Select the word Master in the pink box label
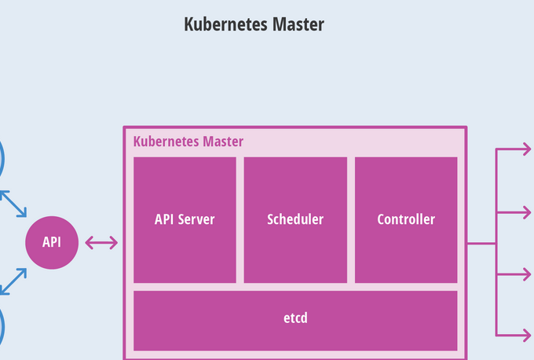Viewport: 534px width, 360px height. click(x=222, y=141)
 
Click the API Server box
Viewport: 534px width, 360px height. click(x=185, y=219)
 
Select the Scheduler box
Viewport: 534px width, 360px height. click(x=295, y=219)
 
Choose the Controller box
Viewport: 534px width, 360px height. click(x=406, y=219)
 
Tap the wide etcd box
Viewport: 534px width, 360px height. click(x=295, y=319)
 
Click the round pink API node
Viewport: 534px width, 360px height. click(x=52, y=242)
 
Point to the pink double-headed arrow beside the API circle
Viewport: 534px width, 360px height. click(x=101, y=242)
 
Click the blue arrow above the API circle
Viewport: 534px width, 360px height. click(x=13, y=203)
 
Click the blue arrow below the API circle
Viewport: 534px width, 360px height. click(x=13, y=281)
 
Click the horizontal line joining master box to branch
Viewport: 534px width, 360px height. click(x=481, y=244)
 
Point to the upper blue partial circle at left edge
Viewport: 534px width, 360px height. click(x=2, y=160)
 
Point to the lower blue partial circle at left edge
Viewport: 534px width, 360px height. click(x=2, y=326)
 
